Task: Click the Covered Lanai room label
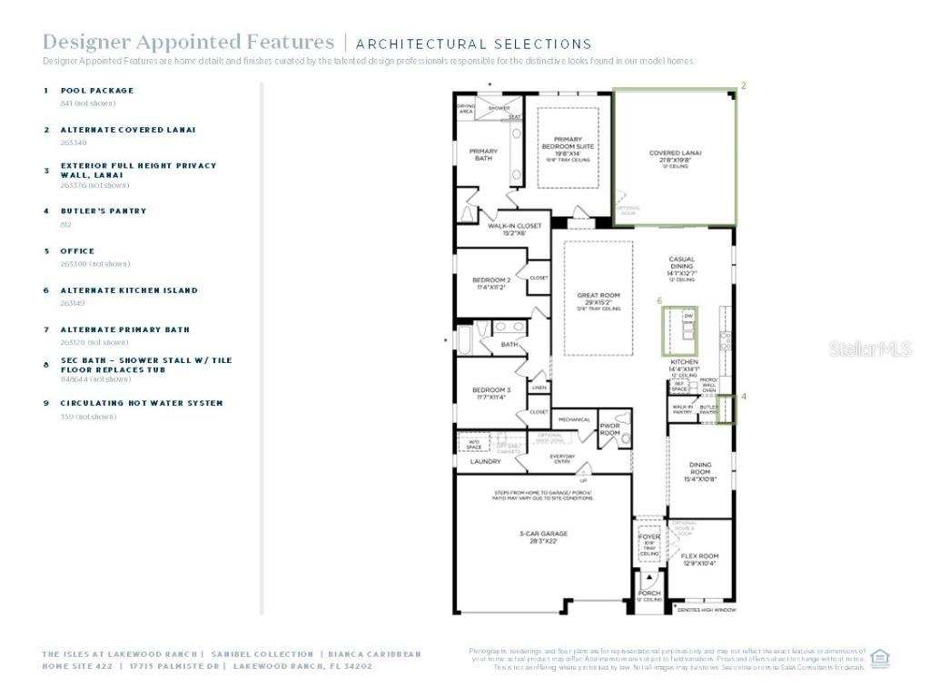tap(675, 153)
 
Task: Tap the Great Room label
tap(598, 296)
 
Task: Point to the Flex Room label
tap(699, 555)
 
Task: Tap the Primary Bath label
tap(483, 154)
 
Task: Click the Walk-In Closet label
tap(514, 226)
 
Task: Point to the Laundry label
tap(485, 461)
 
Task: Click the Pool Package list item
tap(96, 91)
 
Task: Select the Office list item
tap(77, 251)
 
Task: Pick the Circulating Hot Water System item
tap(141, 403)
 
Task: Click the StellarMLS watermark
tap(869, 348)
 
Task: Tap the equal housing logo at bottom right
tap(879, 658)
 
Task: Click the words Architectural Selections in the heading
tap(473, 44)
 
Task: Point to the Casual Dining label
tap(681, 263)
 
